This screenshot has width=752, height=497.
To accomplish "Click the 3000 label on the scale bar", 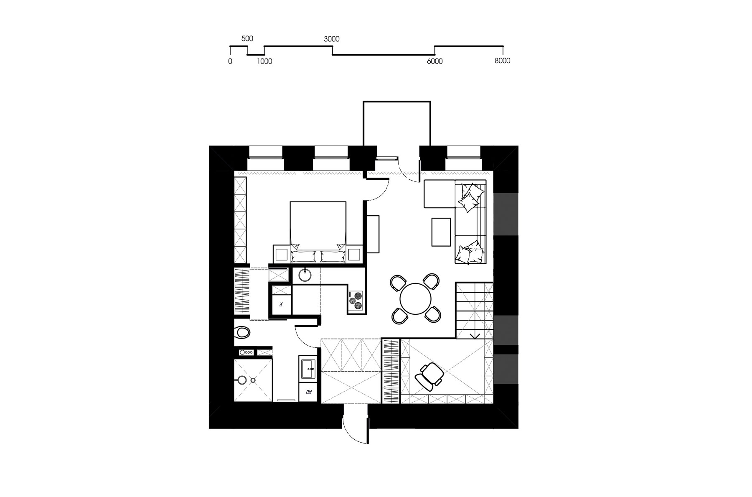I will click(x=332, y=39).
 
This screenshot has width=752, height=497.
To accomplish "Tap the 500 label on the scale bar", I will click(x=247, y=38).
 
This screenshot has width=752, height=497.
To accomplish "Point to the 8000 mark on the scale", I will click(x=503, y=61).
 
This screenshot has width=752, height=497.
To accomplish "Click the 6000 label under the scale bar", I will click(x=434, y=61).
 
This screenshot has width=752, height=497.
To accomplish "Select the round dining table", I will click(x=415, y=299).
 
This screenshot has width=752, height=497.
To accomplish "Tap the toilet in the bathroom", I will click(x=242, y=333).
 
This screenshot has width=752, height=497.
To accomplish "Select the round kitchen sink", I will click(x=305, y=275).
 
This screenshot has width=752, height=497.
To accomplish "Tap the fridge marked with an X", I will click(x=281, y=304).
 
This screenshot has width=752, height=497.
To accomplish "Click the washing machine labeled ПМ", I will click(x=309, y=392).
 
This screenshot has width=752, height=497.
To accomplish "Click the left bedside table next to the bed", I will click(x=281, y=254).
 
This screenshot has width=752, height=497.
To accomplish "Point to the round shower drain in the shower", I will click(x=253, y=380).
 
